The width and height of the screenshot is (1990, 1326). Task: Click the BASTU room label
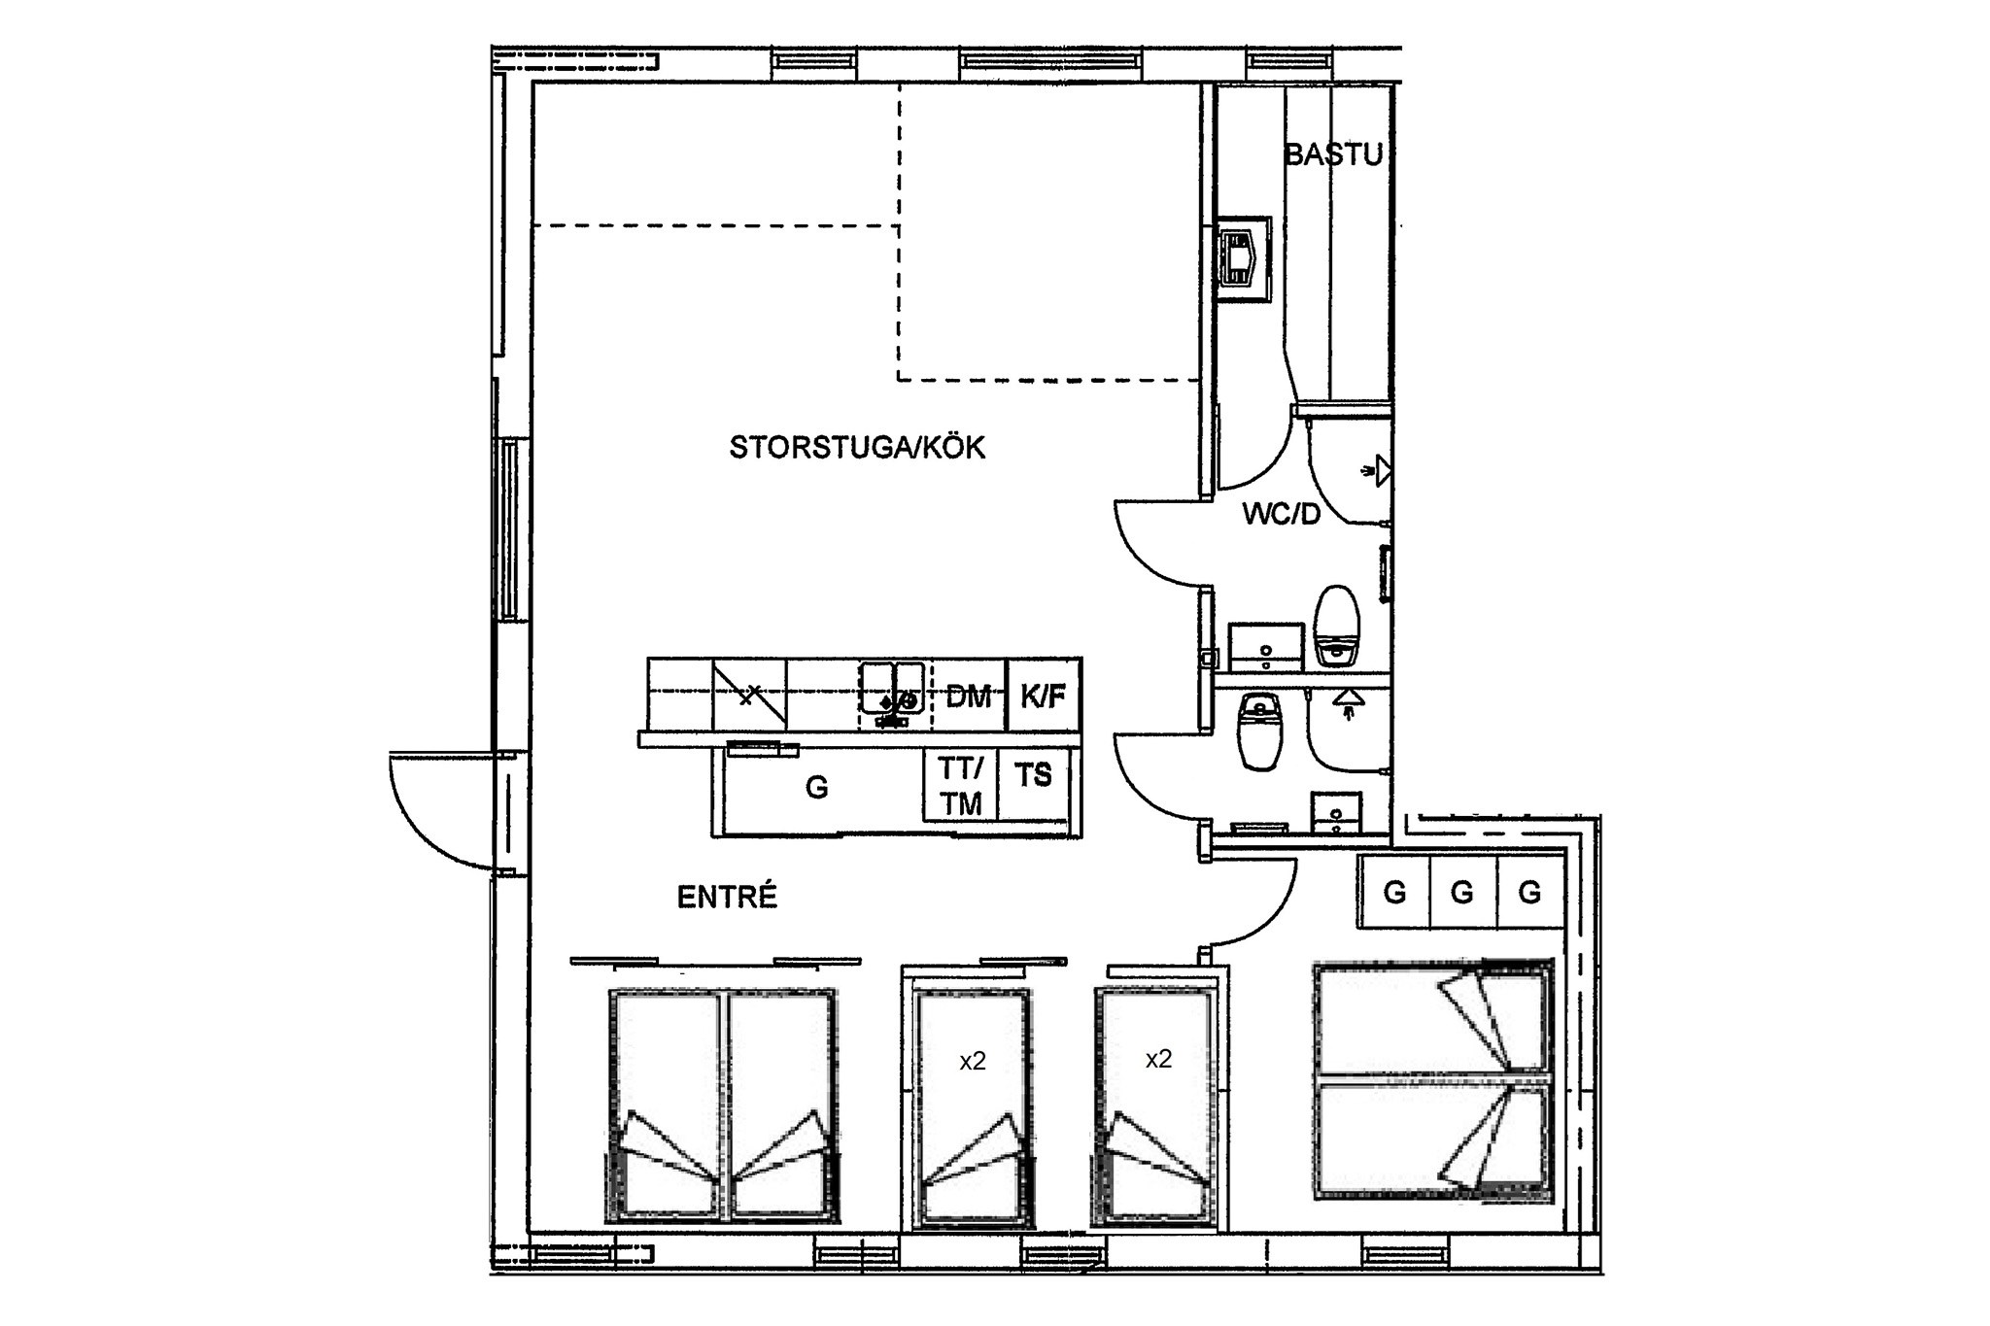[1333, 154]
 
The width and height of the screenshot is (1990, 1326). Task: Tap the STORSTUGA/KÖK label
[857, 448]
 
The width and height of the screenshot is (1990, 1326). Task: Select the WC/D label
[1282, 515]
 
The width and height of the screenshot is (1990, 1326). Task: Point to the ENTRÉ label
[727, 898]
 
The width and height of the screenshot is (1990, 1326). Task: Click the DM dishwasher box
[969, 696]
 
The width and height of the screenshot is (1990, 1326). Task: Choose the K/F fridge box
[1044, 696]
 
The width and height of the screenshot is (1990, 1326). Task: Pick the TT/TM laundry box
[960, 786]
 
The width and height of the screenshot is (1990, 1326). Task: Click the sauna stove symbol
[1243, 260]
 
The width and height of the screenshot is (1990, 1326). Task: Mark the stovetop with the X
[749, 695]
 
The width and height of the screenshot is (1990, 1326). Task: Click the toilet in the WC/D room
[1336, 627]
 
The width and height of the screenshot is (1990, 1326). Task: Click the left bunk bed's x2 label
[973, 1062]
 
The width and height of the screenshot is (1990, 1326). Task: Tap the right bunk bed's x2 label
[1158, 1059]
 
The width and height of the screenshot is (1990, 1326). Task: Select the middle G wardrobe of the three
[1462, 892]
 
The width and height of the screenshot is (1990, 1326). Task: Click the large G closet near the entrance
[817, 788]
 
